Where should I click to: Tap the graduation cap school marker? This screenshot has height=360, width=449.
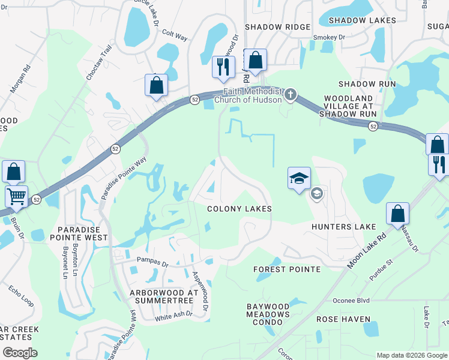[x=299, y=178]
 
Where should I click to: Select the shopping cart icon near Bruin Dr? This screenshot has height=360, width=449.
[x=16, y=196]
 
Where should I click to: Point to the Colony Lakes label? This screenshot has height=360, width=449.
[x=240, y=209]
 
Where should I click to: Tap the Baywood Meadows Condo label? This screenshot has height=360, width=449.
[x=268, y=314]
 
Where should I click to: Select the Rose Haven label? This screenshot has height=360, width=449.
[x=343, y=319]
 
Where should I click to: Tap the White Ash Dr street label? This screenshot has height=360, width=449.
[x=173, y=314]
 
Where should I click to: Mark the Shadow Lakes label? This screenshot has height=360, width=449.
[x=363, y=20]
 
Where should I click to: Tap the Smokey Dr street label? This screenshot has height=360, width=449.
[x=330, y=37]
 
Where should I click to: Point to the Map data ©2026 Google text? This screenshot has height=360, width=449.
[x=411, y=355]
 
